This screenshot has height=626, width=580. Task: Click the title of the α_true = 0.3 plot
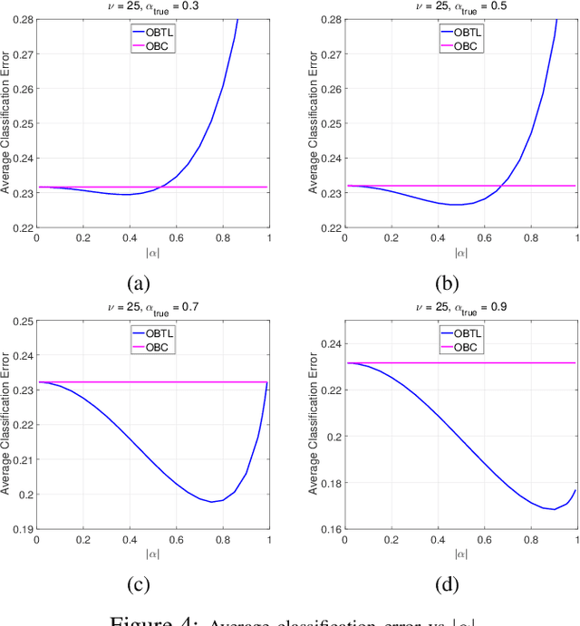tap(152, 5)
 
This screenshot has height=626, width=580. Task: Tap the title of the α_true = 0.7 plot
tap(152, 308)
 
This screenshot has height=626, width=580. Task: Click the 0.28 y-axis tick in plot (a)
tap(20, 19)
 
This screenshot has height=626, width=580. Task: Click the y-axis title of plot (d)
tap(314, 426)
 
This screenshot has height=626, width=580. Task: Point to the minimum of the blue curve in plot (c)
tap(210, 501)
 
